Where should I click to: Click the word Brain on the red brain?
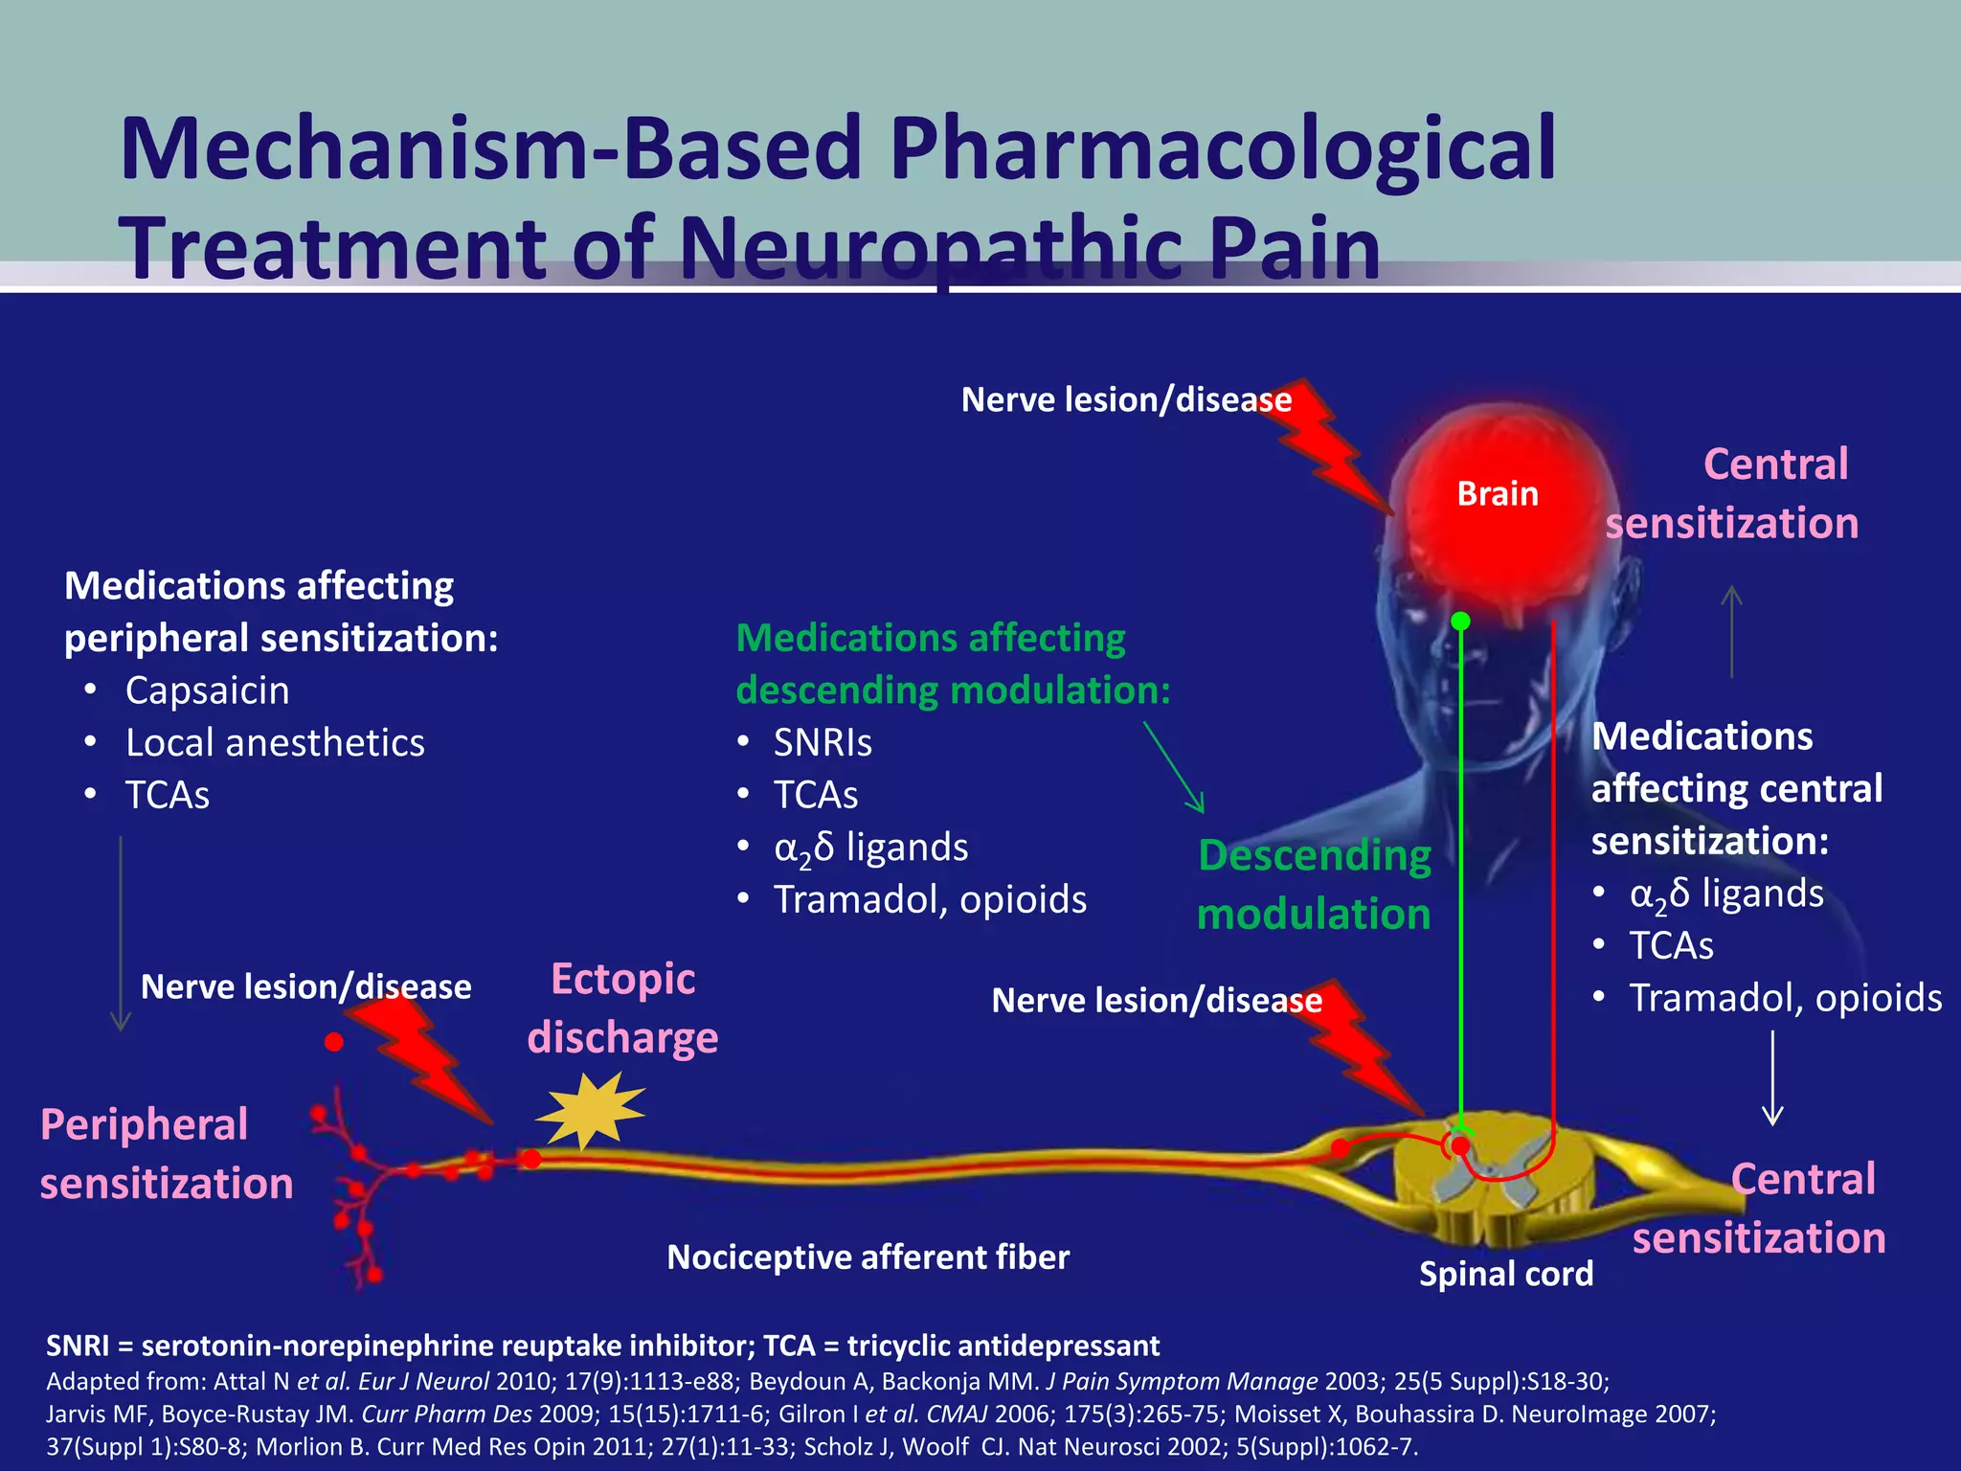(x=1497, y=493)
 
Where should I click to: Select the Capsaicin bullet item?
(x=207, y=690)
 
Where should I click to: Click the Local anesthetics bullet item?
(x=275, y=743)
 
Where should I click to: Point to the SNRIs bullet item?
(x=823, y=743)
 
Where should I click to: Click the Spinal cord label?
(x=1505, y=1274)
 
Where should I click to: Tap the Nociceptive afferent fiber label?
(x=868, y=1257)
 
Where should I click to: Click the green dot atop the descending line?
(x=1460, y=622)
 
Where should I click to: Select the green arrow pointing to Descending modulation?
(x=1174, y=767)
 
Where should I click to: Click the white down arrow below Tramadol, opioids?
(x=1772, y=1077)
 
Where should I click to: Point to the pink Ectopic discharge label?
(x=622, y=1008)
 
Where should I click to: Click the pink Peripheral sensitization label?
(x=166, y=1154)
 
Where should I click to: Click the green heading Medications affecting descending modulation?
(x=953, y=664)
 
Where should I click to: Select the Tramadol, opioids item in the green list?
(x=930, y=900)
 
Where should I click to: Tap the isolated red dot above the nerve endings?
(x=333, y=1042)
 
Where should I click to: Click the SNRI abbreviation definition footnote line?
(x=603, y=1346)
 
